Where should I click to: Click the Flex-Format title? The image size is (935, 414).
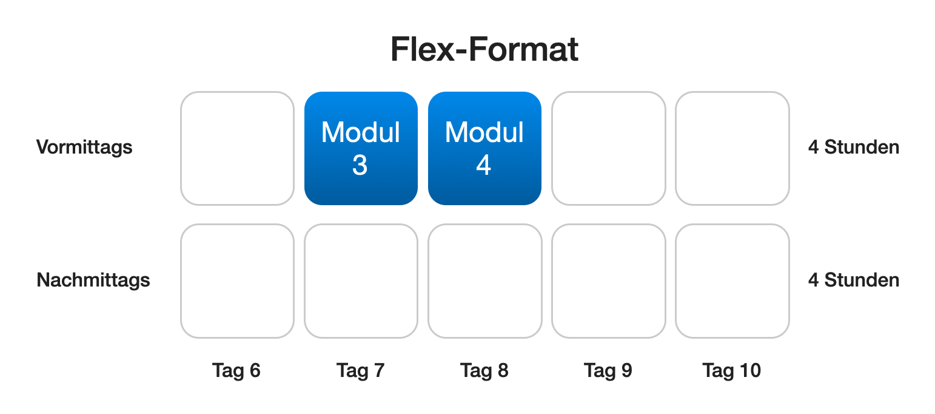coord(484,49)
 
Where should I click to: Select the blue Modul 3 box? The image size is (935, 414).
coord(361,148)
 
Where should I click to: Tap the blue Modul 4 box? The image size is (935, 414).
coord(484,148)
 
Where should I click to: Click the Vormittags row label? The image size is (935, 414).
coord(84,148)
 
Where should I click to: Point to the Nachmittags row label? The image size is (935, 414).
coord(93,280)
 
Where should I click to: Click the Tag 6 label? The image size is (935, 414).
coord(236,371)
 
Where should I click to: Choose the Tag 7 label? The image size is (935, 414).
coord(360,371)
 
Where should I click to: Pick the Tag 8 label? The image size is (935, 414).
coord(484,371)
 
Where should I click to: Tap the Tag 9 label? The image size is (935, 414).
coord(608,371)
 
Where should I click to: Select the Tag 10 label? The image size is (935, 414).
coord(732,371)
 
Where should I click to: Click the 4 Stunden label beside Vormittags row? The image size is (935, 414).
coord(854,147)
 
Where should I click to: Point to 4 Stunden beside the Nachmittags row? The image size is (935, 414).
coord(854,280)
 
